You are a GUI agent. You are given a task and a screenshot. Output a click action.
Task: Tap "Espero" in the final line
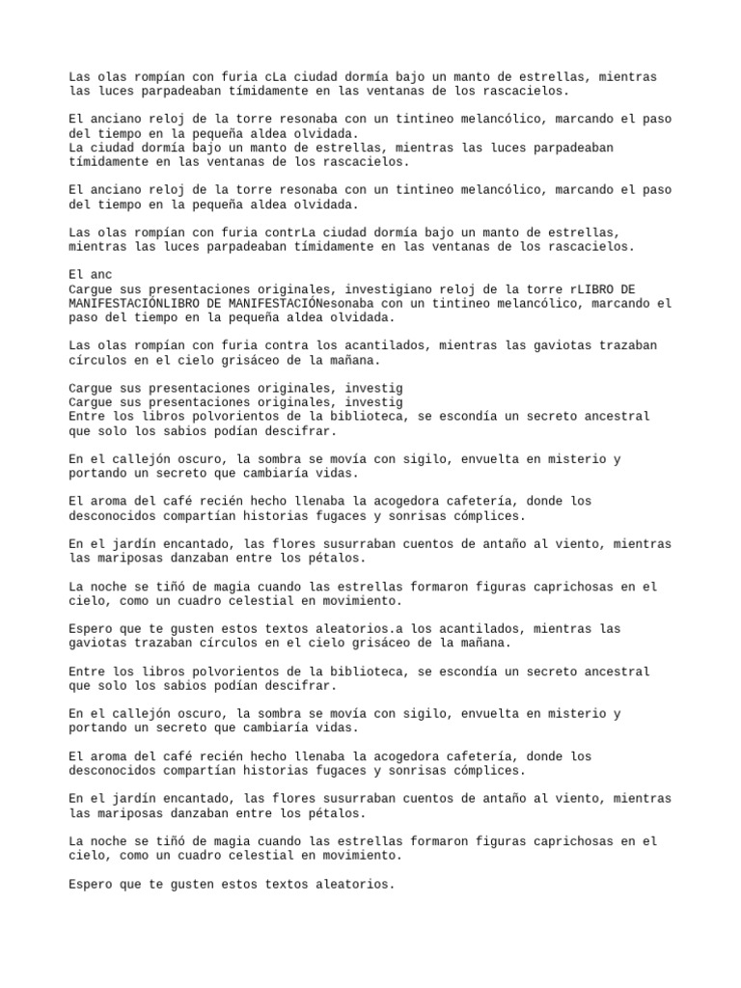89,883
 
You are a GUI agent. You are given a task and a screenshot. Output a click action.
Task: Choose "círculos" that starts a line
97,360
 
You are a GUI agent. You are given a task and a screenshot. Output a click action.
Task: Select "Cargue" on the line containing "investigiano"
89,289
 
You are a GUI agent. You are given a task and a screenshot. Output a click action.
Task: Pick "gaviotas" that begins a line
97,643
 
